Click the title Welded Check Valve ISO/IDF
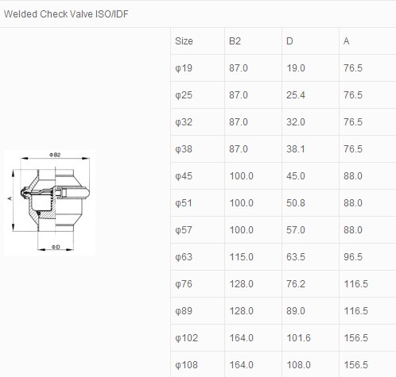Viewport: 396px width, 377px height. tap(66, 14)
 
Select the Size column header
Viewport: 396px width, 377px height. tap(184, 41)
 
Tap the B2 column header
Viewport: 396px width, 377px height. tap(235, 41)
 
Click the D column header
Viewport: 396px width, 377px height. tap(289, 41)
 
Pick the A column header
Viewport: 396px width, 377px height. tap(347, 41)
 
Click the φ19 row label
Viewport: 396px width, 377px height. tap(184, 68)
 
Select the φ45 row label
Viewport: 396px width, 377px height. tap(184, 176)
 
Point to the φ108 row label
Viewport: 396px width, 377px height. tap(186, 365)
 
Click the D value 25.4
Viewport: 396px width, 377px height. tap(296, 95)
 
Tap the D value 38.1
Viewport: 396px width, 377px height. tap(296, 149)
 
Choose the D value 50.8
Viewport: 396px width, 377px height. tap(296, 203)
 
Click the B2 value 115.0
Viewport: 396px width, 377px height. tap(241, 257)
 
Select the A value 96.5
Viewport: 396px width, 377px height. tap(353, 257)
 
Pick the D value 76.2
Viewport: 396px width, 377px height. tap(296, 284)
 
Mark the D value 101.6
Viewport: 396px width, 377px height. tap(298, 338)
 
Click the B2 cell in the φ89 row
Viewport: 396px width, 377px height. tap(241, 311)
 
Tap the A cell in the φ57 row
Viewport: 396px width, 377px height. tap(353, 230)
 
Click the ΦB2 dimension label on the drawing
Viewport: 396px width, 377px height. tap(55, 155)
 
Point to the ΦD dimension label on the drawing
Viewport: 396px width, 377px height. tap(56, 247)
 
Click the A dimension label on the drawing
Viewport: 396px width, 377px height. tap(10, 198)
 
